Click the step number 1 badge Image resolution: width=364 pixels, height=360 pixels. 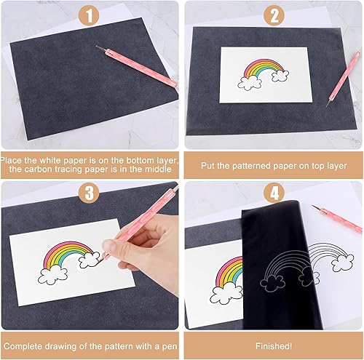coord(90,15)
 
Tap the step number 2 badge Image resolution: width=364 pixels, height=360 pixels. coord(274,15)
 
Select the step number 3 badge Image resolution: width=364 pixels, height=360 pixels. coord(90,193)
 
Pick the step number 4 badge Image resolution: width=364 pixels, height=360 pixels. coord(274,193)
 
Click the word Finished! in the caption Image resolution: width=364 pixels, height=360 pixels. coord(274,346)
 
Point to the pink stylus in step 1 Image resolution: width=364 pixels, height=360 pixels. coord(137,66)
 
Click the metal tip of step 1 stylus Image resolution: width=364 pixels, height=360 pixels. coord(100,47)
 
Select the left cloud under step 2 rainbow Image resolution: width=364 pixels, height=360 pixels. coord(249,82)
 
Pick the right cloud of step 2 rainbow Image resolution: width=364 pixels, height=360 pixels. coord(280,75)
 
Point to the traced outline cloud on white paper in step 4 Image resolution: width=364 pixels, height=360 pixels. coord(343,263)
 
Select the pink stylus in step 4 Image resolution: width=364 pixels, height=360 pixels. coord(337,218)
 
